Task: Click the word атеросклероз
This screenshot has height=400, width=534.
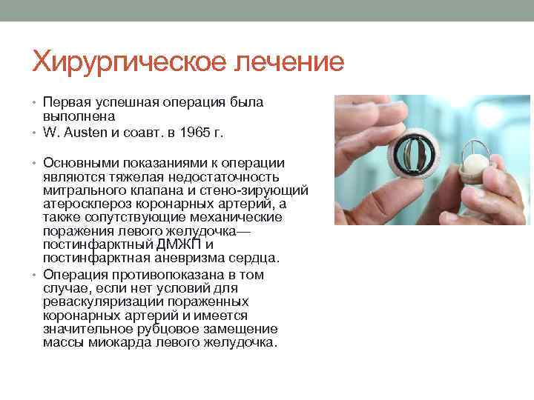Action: click(92, 203)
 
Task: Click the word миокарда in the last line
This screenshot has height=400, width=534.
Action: click(117, 343)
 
